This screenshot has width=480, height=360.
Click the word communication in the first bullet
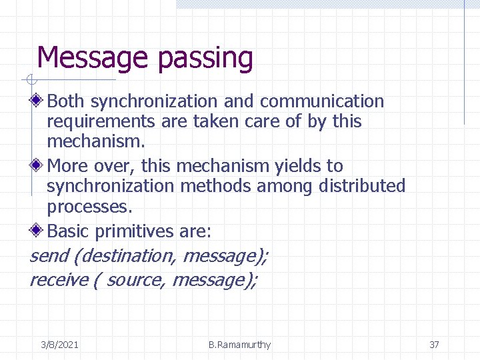[322, 101]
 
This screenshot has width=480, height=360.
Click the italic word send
[49, 255]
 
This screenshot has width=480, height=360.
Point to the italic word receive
[59, 279]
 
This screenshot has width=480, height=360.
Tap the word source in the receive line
[135, 279]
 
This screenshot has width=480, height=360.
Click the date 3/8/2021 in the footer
[59, 345]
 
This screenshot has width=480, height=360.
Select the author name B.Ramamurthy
[239, 345]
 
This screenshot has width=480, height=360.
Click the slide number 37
[434, 345]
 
